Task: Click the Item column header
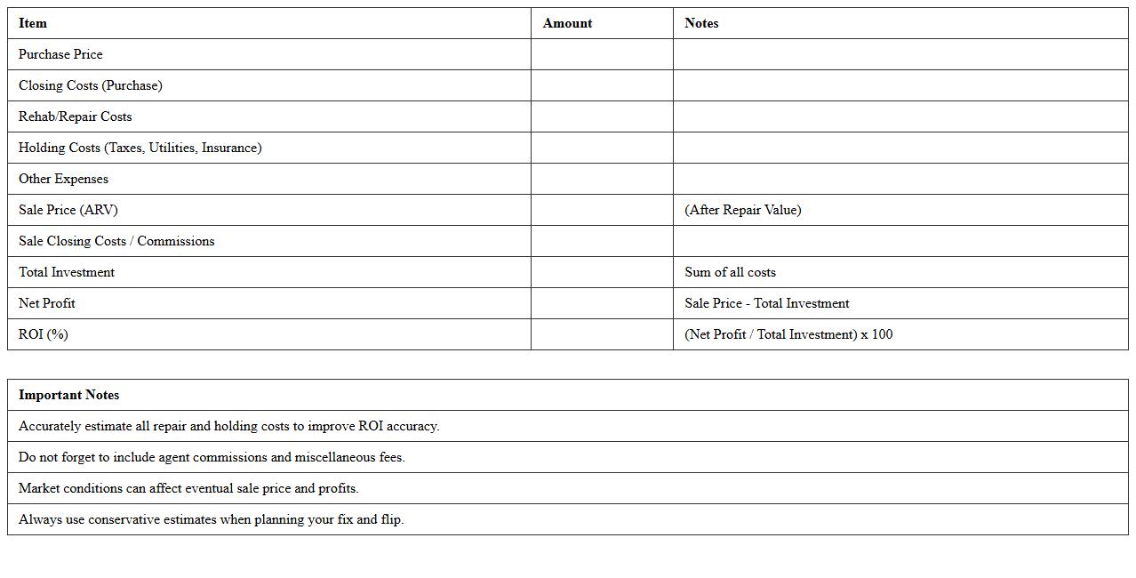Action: [x=33, y=23]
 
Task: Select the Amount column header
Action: [x=567, y=23]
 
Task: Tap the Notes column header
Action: [x=701, y=23]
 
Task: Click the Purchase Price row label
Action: [x=60, y=54]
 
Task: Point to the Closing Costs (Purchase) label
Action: [x=90, y=85]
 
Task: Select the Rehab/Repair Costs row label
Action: [x=75, y=116]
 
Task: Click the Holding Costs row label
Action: [x=140, y=148]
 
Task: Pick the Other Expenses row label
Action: [x=63, y=179]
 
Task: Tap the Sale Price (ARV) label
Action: [x=68, y=210]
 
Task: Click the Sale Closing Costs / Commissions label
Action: [x=116, y=241]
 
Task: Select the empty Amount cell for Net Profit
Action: [x=602, y=303]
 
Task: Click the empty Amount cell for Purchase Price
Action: [x=602, y=54]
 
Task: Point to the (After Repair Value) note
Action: [x=742, y=210]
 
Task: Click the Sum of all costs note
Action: [x=730, y=272]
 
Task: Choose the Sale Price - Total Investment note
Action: [x=766, y=303]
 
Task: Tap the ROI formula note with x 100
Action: [x=788, y=334]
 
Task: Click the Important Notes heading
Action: [x=68, y=395]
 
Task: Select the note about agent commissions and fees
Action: [x=212, y=457]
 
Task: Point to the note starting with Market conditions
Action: [x=188, y=488]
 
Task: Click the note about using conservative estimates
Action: [x=211, y=519]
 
